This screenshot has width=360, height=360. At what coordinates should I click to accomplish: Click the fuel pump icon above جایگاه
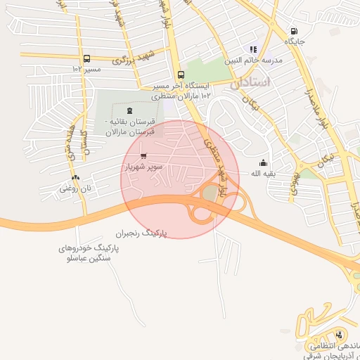[x=293, y=31]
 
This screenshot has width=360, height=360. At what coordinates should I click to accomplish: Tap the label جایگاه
[x=293, y=41]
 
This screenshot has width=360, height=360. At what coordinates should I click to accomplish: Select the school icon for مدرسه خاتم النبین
[x=253, y=49]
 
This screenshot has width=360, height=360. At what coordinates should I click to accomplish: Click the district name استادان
[x=250, y=82]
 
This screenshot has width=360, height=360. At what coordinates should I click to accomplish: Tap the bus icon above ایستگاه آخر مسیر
[x=181, y=75]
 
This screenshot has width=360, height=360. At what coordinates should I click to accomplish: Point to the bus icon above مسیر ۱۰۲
[x=86, y=59]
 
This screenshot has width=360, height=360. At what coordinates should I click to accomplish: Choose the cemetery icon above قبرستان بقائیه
[x=128, y=110]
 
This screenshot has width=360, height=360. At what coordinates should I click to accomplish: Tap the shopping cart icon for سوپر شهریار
[x=143, y=156]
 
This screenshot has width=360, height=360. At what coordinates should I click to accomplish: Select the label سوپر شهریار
[x=144, y=167]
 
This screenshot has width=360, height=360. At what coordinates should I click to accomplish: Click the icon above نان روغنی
[x=75, y=178]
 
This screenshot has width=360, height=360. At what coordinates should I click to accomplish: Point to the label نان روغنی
[x=75, y=188]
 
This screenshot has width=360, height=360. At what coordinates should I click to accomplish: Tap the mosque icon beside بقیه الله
[x=263, y=163]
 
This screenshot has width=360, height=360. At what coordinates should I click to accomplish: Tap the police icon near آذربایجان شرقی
[x=340, y=335]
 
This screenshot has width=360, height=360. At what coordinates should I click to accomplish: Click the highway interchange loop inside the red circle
[x=210, y=193]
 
